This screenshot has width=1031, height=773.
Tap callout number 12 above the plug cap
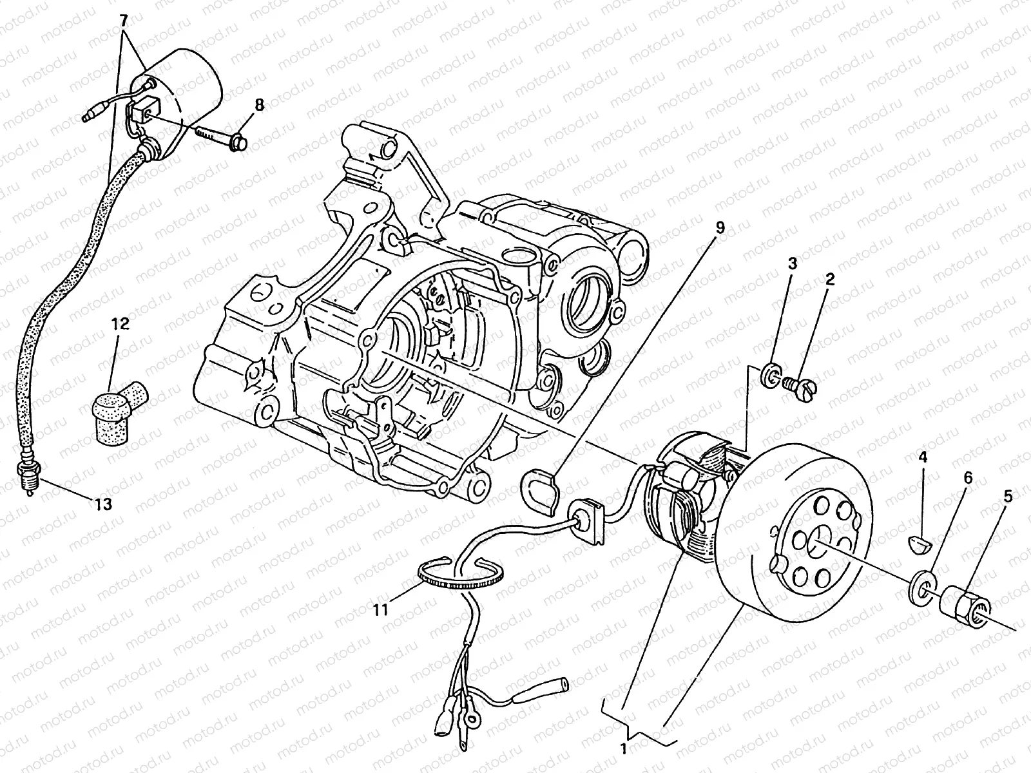tap(122, 324)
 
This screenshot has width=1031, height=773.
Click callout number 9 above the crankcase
tap(720, 227)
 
